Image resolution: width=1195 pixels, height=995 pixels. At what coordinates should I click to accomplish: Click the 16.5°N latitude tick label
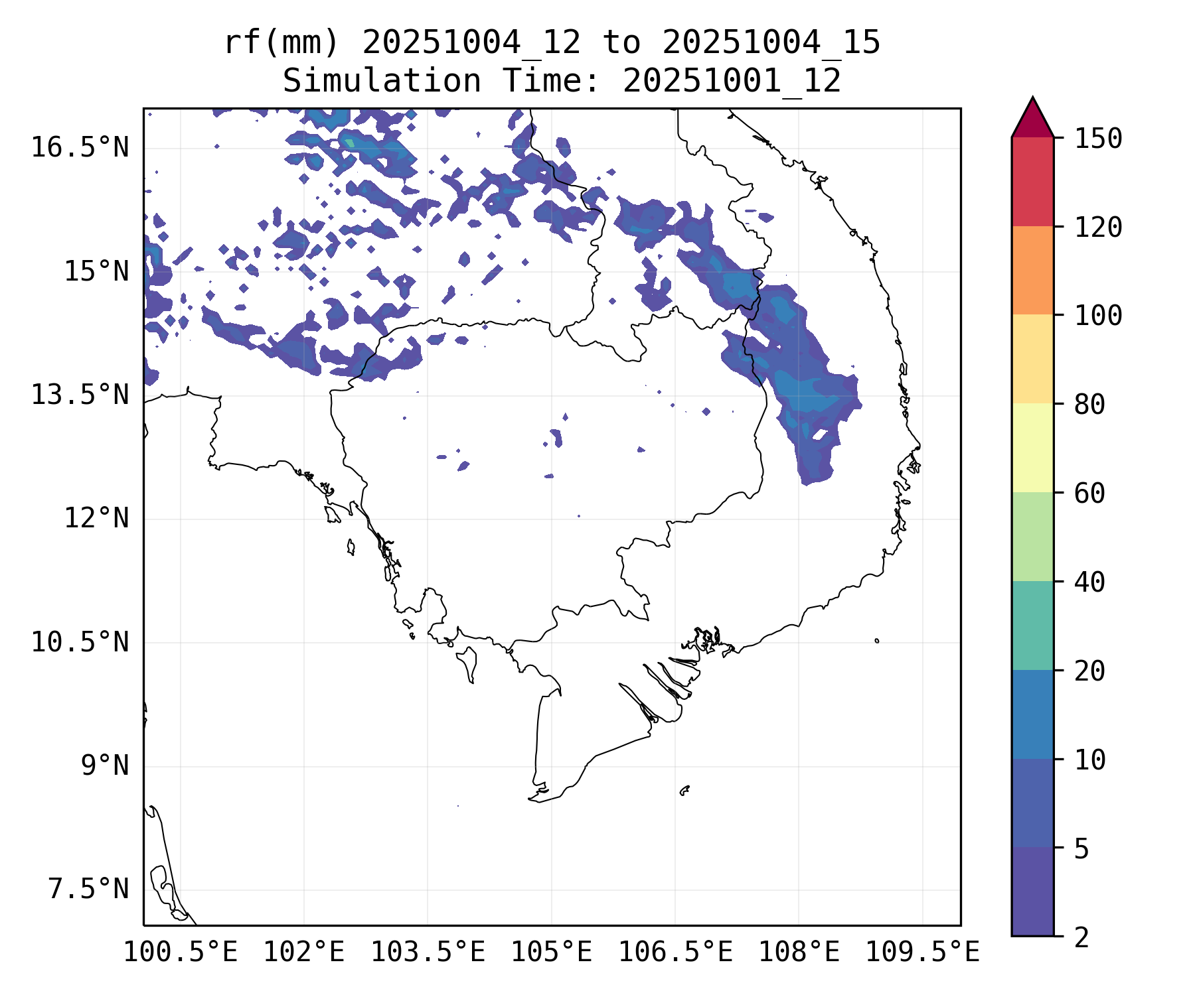80,147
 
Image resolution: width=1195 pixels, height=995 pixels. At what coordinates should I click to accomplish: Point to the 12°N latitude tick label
96,518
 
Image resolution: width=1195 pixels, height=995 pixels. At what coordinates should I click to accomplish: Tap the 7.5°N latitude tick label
88,890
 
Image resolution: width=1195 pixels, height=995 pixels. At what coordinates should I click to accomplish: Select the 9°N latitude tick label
105,766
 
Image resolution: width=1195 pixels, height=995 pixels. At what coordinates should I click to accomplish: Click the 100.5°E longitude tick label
181,953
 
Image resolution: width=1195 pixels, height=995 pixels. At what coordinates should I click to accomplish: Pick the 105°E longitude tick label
551,953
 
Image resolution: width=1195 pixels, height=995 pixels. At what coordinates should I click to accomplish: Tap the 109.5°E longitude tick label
922,953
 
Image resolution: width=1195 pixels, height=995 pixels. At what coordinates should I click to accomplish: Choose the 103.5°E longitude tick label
428,953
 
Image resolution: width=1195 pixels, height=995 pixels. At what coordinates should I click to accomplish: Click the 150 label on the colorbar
1098,139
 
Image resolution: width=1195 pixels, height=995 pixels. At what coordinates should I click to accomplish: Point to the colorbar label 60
1089,494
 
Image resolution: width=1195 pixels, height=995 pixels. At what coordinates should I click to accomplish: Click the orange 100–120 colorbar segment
1032,270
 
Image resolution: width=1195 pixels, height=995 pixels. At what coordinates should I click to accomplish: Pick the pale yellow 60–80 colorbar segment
1032,448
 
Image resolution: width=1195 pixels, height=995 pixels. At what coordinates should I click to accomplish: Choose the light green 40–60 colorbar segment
1032,537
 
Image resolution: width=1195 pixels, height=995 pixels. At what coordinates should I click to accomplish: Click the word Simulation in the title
382,82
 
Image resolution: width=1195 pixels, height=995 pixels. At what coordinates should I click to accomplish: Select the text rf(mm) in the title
281,43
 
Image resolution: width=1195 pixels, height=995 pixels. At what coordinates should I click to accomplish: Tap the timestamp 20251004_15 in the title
771,43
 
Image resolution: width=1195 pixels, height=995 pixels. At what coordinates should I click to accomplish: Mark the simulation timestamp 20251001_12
732,82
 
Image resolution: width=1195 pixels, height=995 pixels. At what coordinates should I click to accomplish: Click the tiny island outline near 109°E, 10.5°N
877,641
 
